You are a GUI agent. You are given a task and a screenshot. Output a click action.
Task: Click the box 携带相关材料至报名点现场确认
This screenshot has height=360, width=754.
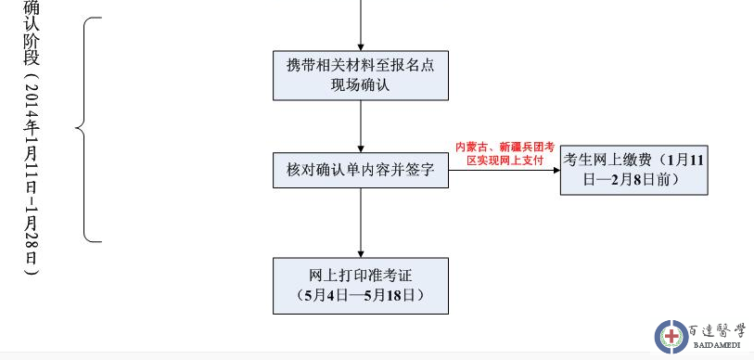pos(360,75)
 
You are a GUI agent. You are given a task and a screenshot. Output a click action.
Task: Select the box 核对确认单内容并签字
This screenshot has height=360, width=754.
pos(360,172)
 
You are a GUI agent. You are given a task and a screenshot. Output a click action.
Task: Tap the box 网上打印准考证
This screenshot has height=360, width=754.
pos(360,286)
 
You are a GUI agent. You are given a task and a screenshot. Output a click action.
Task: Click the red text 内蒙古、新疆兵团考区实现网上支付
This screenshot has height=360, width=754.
pos(504,153)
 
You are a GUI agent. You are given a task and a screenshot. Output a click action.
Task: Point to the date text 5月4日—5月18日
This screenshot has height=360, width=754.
pos(360,296)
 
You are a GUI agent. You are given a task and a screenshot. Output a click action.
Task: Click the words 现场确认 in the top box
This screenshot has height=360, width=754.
pos(360,85)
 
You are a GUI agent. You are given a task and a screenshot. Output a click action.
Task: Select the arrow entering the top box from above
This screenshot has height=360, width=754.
pos(360,28)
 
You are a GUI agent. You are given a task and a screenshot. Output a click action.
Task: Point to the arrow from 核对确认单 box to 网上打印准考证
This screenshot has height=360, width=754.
pos(360,223)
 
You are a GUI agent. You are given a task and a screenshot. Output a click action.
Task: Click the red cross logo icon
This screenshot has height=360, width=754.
pos(671,336)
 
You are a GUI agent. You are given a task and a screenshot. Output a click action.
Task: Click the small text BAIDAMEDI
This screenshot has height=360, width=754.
pos(718,346)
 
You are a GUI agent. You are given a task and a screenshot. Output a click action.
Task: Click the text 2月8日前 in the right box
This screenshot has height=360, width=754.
pos(649,179)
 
